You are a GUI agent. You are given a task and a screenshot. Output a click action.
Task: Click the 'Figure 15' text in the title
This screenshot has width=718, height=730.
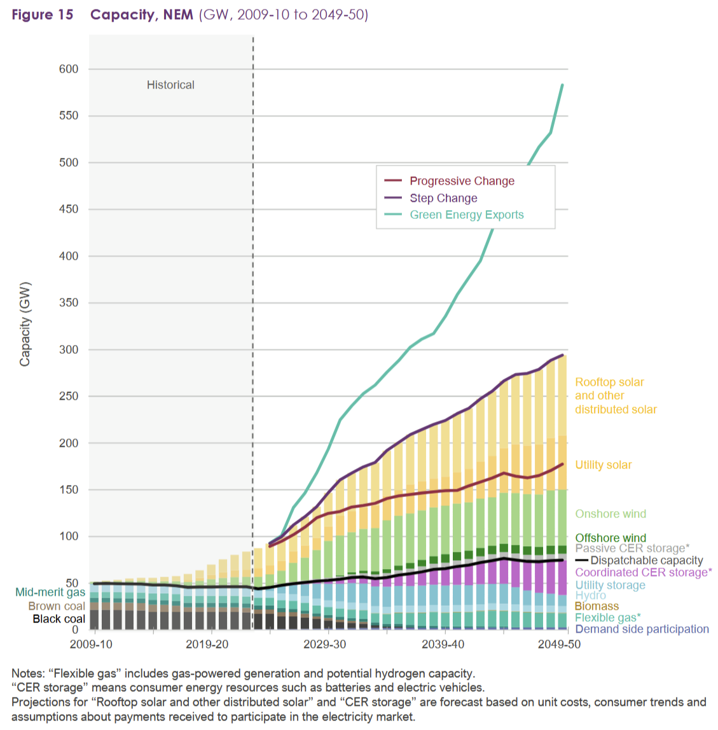click(x=43, y=15)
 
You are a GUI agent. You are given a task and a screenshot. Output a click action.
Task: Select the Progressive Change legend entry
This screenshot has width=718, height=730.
click(x=462, y=181)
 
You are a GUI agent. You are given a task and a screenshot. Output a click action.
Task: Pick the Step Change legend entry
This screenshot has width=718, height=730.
click(x=443, y=199)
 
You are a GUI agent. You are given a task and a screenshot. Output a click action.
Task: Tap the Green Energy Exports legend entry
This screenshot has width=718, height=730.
click(x=466, y=215)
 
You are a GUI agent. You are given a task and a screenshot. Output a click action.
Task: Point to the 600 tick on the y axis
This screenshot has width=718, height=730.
click(x=69, y=69)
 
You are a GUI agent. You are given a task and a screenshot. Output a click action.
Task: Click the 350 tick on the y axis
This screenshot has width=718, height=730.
click(x=69, y=303)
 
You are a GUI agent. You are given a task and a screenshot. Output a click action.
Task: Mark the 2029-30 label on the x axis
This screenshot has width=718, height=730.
click(x=324, y=644)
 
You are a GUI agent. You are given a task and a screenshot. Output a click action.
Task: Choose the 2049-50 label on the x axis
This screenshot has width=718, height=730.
click(x=560, y=644)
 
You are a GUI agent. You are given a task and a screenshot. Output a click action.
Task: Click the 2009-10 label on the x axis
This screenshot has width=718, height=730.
click(x=90, y=644)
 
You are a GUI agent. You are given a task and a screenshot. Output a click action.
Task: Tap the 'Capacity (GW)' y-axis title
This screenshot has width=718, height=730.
click(x=25, y=324)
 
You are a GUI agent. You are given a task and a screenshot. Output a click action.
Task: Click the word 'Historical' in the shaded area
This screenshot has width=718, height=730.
click(x=170, y=85)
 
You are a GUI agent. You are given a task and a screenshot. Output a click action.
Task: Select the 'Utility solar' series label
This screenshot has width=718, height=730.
click(x=603, y=465)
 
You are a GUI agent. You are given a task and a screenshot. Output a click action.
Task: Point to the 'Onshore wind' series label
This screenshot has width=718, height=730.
click(x=610, y=514)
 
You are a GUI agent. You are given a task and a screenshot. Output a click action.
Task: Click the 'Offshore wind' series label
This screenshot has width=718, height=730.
click(x=610, y=538)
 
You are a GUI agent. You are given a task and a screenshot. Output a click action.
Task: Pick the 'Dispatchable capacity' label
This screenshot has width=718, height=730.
click(x=646, y=561)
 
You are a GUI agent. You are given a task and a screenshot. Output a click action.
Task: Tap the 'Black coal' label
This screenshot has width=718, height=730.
click(x=59, y=619)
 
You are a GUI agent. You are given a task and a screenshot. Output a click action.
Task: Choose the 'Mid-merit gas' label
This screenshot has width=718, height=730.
click(x=50, y=593)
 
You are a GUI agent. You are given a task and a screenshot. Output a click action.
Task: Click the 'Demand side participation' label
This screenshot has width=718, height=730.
click(x=642, y=629)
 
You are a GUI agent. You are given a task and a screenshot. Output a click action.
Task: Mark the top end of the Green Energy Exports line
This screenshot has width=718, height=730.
click(x=562, y=85)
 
